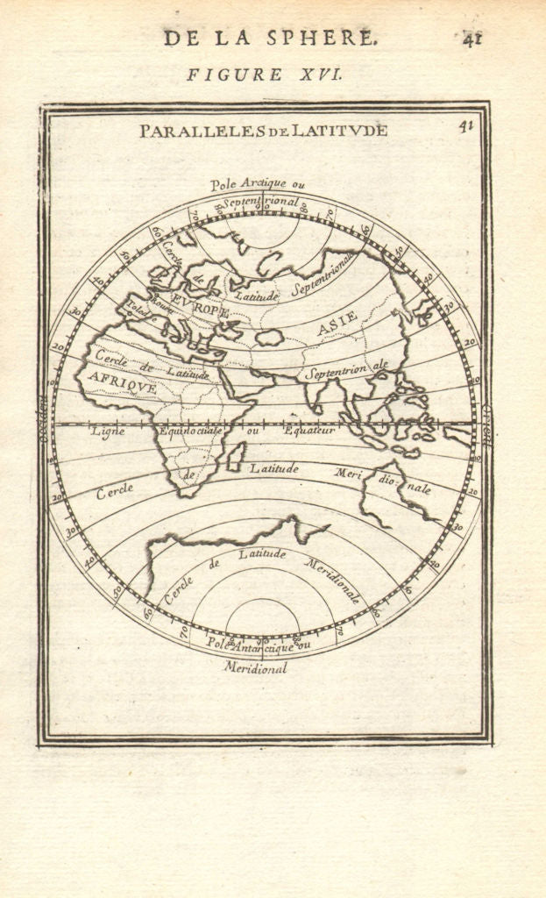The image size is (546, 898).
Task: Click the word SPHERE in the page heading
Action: (336, 38)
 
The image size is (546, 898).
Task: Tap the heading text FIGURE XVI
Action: (263, 75)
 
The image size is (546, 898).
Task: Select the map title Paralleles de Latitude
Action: (263, 132)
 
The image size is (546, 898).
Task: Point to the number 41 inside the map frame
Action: (465, 125)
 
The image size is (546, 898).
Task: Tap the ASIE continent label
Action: (337, 323)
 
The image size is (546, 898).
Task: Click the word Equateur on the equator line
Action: (309, 431)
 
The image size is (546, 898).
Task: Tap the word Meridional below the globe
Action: (255, 668)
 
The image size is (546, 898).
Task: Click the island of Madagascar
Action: (236, 457)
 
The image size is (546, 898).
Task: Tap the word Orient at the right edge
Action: (486, 424)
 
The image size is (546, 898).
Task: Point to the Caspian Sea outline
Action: (269, 337)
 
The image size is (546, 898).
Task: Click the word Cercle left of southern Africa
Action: (114, 491)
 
